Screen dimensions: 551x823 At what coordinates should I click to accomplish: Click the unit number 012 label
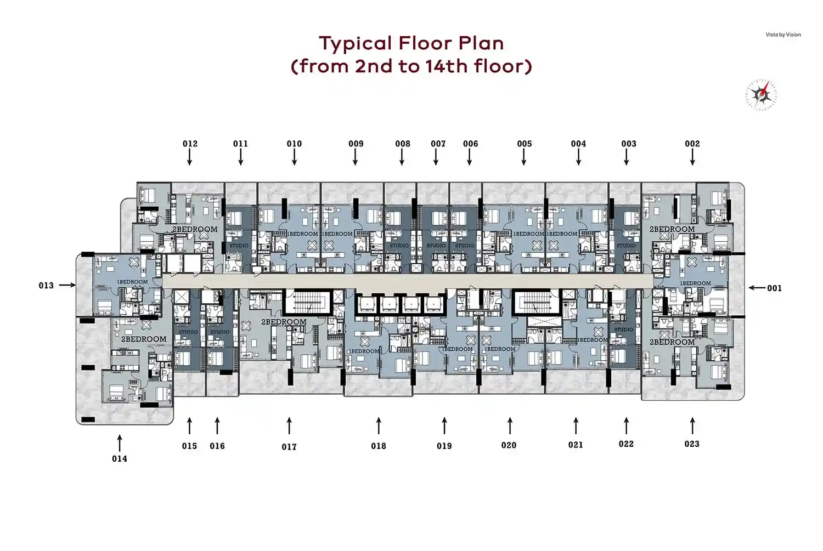click(190, 144)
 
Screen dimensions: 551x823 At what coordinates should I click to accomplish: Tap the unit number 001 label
click(774, 288)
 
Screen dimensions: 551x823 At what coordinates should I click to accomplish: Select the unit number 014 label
click(120, 459)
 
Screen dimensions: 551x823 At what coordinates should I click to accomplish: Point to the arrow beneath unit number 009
click(356, 157)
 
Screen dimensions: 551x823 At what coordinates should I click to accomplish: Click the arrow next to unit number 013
click(67, 285)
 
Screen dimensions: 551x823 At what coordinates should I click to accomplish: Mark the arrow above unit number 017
click(289, 426)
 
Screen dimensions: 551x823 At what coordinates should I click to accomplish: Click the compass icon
click(761, 95)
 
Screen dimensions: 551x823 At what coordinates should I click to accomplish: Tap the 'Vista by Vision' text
click(783, 35)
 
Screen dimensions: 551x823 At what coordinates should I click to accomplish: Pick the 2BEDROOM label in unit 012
click(195, 229)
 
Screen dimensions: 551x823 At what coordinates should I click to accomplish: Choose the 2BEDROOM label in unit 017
click(284, 322)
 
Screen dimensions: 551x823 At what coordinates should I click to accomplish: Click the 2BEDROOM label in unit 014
click(144, 339)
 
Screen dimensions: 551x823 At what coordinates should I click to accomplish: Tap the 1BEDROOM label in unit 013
click(132, 282)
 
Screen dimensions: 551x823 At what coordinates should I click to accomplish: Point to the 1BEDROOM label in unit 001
click(695, 283)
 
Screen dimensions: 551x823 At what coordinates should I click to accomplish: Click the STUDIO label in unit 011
click(239, 246)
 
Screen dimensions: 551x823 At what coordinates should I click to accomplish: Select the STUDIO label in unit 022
click(623, 330)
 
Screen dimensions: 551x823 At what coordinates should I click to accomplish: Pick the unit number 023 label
click(692, 444)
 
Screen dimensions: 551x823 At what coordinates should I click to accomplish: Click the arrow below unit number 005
click(524, 157)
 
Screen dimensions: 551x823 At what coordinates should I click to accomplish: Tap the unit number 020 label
click(509, 445)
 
